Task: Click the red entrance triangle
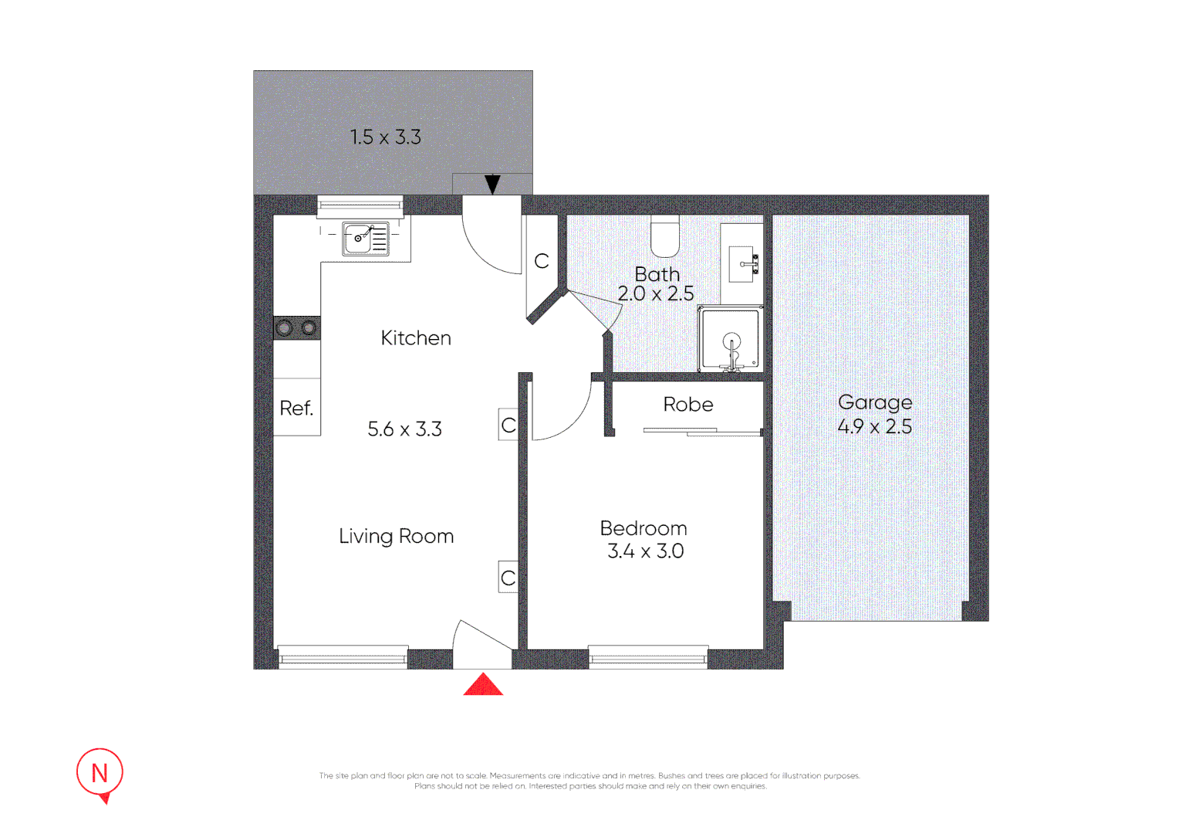(483, 686)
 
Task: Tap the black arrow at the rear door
(492, 185)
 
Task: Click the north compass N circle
(100, 772)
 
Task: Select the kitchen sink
(366, 239)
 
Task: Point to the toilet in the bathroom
(664, 238)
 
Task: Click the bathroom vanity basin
(742, 264)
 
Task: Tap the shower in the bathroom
(730, 340)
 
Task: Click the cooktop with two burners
(297, 328)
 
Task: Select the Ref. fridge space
(297, 408)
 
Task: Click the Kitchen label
(416, 338)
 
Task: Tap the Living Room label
(396, 536)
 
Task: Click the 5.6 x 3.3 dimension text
(404, 429)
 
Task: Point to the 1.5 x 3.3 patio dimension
(385, 137)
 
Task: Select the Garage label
(875, 402)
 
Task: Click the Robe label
(688, 405)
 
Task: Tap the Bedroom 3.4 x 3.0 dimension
(645, 551)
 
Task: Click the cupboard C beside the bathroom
(542, 261)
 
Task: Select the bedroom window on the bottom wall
(648, 658)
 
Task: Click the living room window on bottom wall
(343, 658)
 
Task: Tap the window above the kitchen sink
(360, 205)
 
